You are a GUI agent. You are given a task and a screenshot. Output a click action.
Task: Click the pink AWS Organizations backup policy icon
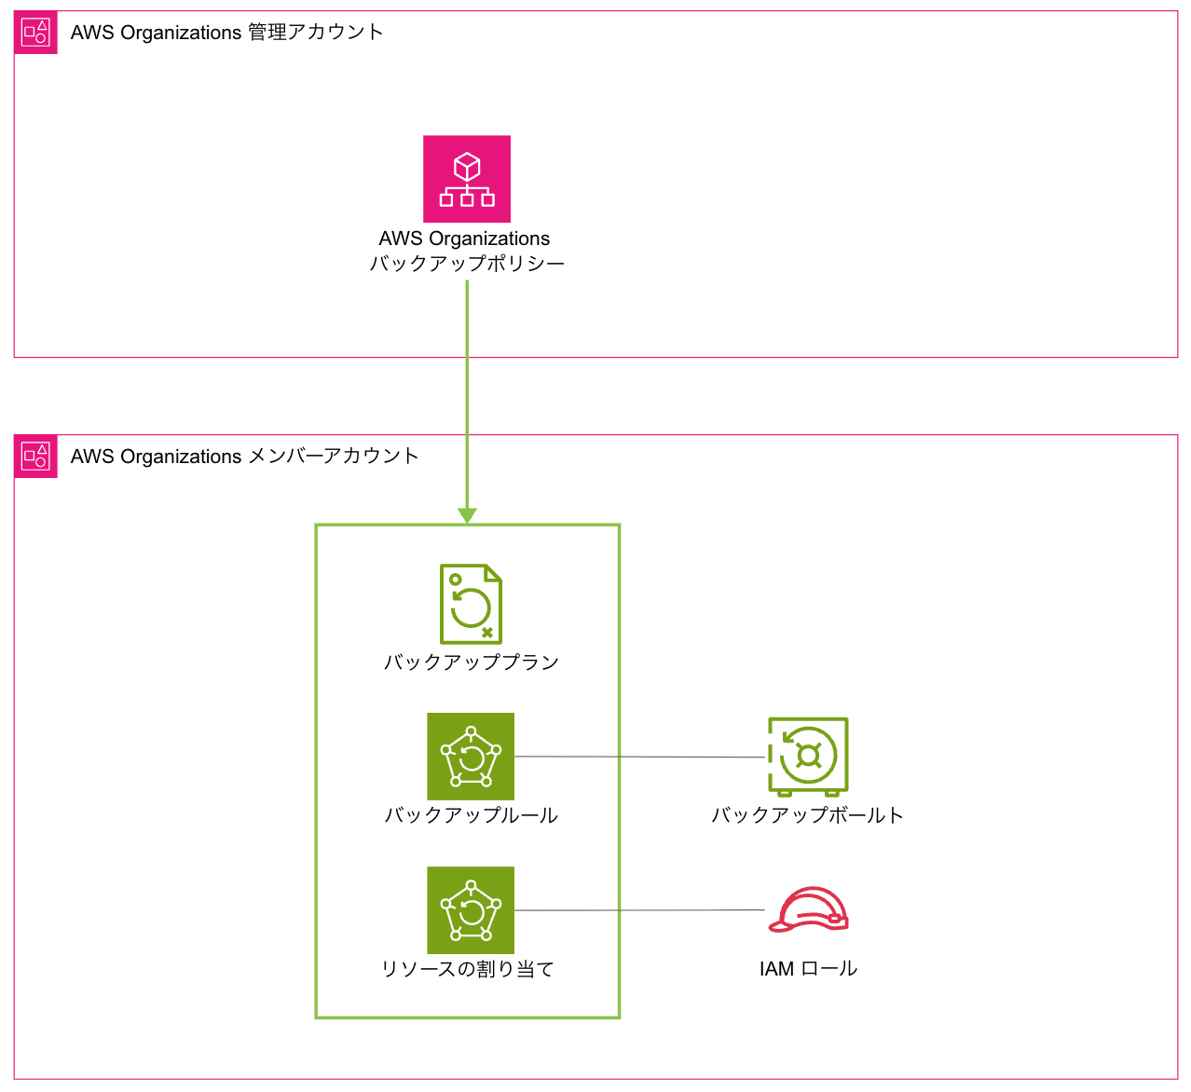tap(467, 179)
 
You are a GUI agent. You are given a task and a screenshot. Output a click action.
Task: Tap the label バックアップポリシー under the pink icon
tap(467, 264)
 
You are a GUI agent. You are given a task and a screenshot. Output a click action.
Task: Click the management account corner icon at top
tap(35, 33)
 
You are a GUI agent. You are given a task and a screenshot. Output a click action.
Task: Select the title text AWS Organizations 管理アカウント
tap(226, 33)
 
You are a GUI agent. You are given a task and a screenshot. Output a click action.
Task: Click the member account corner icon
tap(35, 457)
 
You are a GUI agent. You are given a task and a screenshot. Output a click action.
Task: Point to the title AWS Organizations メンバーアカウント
tap(244, 457)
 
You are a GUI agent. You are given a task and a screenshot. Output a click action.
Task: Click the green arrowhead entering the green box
tap(467, 515)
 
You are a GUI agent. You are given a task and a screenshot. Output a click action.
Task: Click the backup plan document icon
tap(471, 604)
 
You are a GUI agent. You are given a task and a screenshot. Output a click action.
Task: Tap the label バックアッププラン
tap(471, 662)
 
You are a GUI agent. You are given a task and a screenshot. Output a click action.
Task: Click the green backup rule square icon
tap(471, 757)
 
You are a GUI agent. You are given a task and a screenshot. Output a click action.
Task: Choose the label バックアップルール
tap(471, 815)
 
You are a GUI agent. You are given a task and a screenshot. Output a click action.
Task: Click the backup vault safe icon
tap(808, 756)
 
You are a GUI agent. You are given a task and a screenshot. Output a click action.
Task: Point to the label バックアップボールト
tap(807, 815)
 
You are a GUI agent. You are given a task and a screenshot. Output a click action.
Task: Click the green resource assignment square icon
tap(471, 910)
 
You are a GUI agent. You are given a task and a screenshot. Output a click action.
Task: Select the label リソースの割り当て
tap(468, 969)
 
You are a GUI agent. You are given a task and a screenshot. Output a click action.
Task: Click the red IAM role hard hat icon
tap(808, 910)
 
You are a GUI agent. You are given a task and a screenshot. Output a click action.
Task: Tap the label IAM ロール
tap(808, 969)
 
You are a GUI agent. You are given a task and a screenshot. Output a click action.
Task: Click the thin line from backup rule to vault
tap(639, 758)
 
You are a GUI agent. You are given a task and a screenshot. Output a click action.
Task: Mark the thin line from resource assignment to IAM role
tap(639, 910)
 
